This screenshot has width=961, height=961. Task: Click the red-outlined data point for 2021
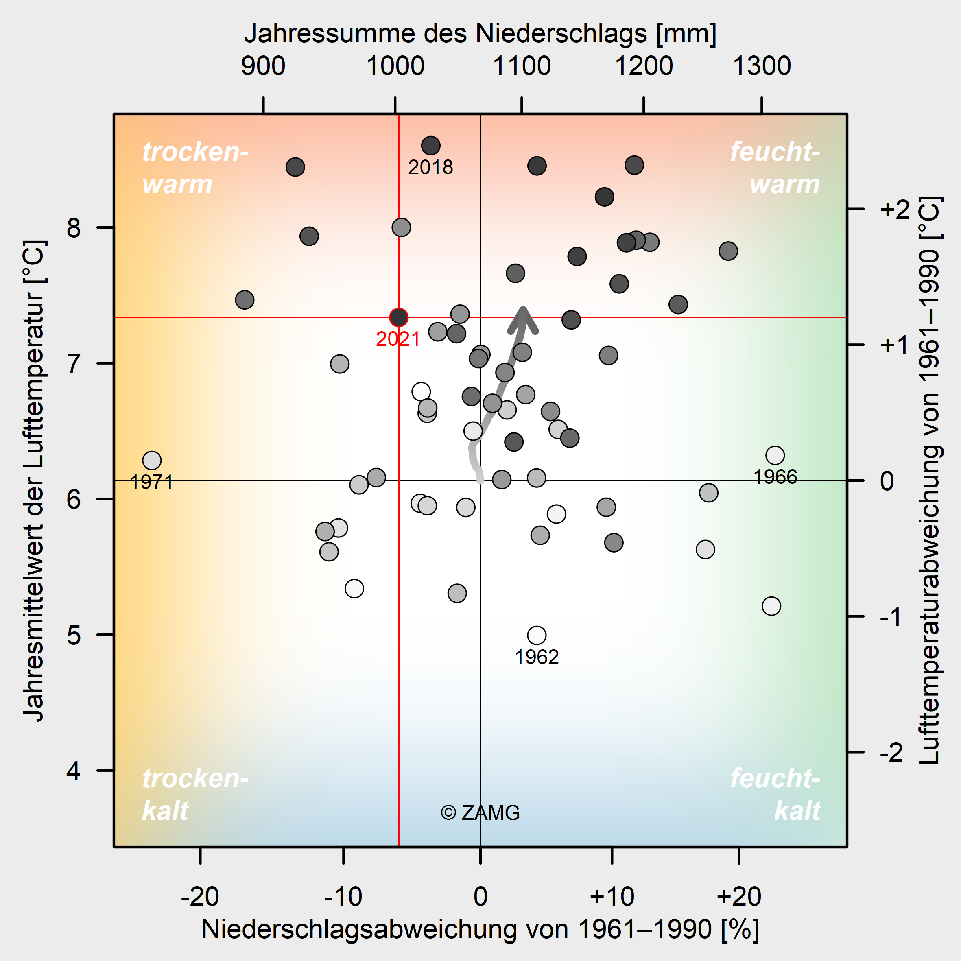[x=398, y=317]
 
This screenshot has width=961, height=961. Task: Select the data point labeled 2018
[x=431, y=146]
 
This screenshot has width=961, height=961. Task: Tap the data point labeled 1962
[x=537, y=635]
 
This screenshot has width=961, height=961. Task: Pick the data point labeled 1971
[x=152, y=461]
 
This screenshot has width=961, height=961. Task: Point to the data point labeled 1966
[x=775, y=455]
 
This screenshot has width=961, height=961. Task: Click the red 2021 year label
[x=398, y=339]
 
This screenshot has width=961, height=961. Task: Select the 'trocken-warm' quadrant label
[x=195, y=168]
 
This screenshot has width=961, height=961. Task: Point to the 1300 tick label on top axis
[x=762, y=66]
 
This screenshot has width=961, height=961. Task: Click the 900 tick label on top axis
[x=263, y=66]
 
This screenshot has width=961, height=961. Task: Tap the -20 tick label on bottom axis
[x=200, y=897]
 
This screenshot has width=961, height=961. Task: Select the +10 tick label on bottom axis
[x=612, y=897]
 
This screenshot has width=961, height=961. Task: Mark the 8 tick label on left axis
[x=74, y=228]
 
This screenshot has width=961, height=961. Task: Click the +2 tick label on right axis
[x=894, y=210]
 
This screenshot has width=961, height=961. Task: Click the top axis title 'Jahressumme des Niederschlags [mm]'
[x=480, y=34]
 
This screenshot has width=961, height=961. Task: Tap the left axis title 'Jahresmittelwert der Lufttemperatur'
[x=35, y=480]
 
